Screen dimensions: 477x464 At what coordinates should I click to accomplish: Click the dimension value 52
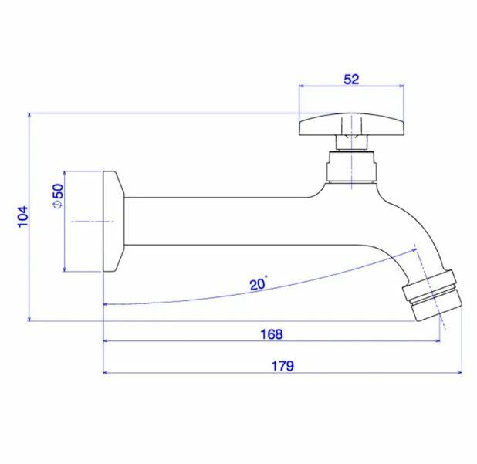pyautogui.click(x=351, y=80)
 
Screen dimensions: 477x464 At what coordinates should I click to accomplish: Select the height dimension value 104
pyautogui.click(x=23, y=216)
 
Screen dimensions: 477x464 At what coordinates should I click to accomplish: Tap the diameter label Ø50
pyautogui.click(x=58, y=195)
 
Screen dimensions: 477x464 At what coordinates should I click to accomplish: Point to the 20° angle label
pyautogui.click(x=259, y=283)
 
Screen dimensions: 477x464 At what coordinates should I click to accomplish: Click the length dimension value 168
pyautogui.click(x=272, y=334)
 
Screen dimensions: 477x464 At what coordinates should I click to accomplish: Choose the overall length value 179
pyautogui.click(x=282, y=366)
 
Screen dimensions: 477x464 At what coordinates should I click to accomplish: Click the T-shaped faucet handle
pyautogui.click(x=352, y=124)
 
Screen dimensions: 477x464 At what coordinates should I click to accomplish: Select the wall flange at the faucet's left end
pyautogui.click(x=113, y=222)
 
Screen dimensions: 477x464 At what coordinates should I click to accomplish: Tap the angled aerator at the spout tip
pyautogui.click(x=432, y=295)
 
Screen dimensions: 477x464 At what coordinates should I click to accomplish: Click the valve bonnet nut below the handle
pyautogui.click(x=352, y=166)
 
